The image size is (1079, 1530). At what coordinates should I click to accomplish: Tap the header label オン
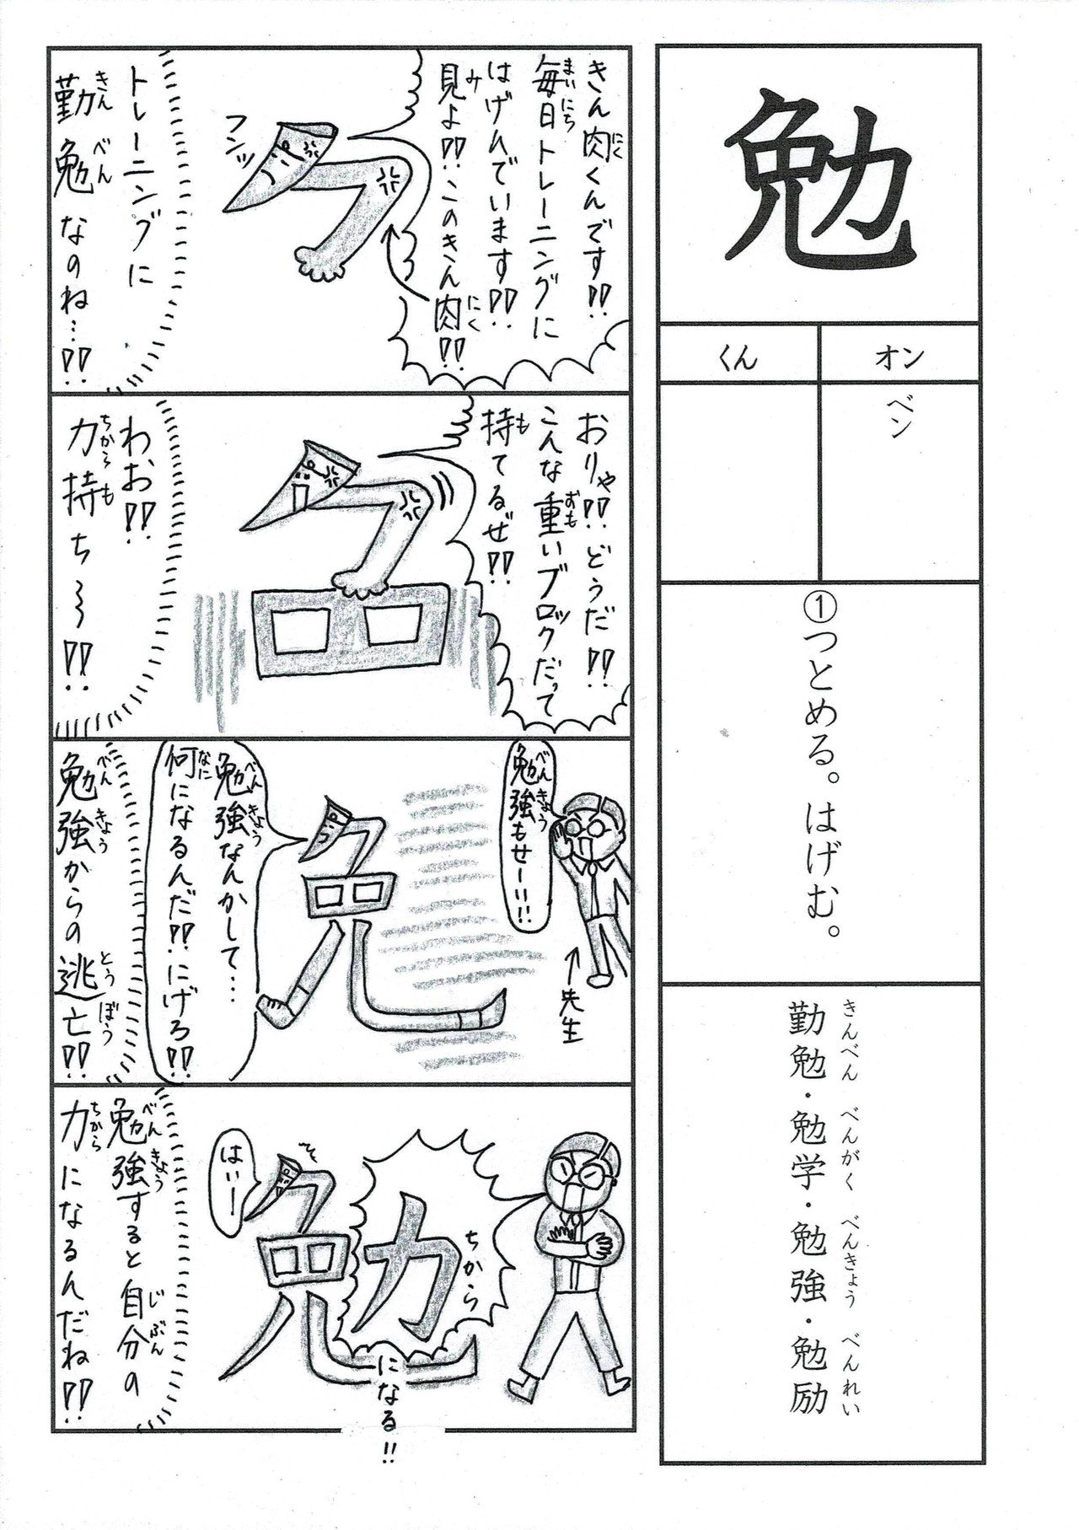[899, 357]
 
